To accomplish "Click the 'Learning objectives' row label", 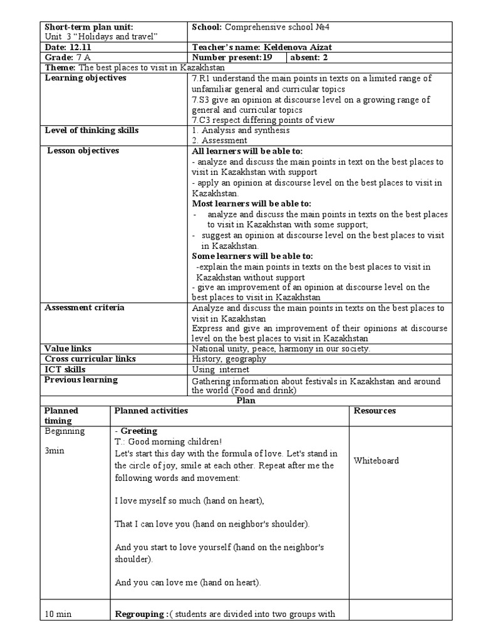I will click(x=86, y=78).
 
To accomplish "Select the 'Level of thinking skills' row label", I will click(x=92, y=130).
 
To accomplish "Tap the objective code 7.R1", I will click(x=201, y=78).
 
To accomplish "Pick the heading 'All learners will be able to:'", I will click(x=247, y=151).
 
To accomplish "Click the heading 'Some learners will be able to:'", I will click(x=252, y=256).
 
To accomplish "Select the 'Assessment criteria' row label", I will click(x=85, y=307).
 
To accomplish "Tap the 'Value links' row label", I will click(x=68, y=349).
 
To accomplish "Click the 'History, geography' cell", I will click(x=229, y=359).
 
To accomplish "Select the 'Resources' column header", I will click(x=375, y=411).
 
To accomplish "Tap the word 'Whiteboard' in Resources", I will click(x=376, y=461).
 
